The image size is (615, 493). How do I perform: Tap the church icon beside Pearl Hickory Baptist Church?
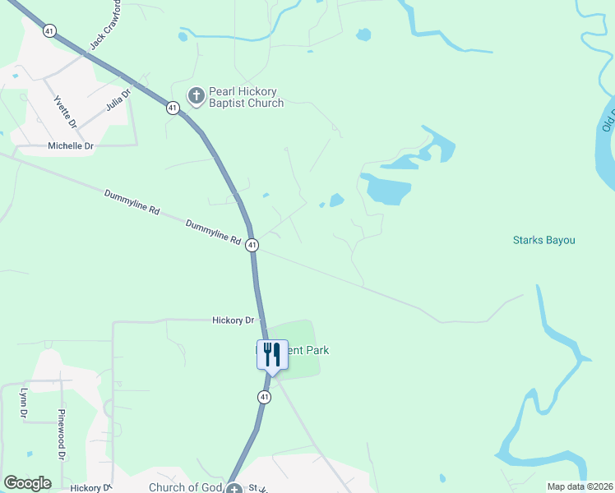point(196,96)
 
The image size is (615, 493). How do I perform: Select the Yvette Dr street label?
point(65,113)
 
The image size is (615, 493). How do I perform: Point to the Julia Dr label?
point(119,101)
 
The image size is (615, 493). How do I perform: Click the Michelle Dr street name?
point(72,145)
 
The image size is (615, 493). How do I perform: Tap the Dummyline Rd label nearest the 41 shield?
point(213,233)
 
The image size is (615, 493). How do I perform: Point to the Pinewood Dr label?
point(61,433)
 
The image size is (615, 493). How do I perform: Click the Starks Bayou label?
point(543,241)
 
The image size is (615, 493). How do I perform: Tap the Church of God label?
point(186,487)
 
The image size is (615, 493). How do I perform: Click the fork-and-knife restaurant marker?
point(272,355)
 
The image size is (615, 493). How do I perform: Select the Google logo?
point(27,483)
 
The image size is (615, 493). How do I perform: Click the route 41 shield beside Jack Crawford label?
point(50,30)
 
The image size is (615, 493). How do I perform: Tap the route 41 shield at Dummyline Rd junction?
point(252,245)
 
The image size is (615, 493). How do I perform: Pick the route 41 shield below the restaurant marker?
point(263,397)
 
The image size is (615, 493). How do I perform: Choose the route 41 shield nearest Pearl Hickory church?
point(173,108)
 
